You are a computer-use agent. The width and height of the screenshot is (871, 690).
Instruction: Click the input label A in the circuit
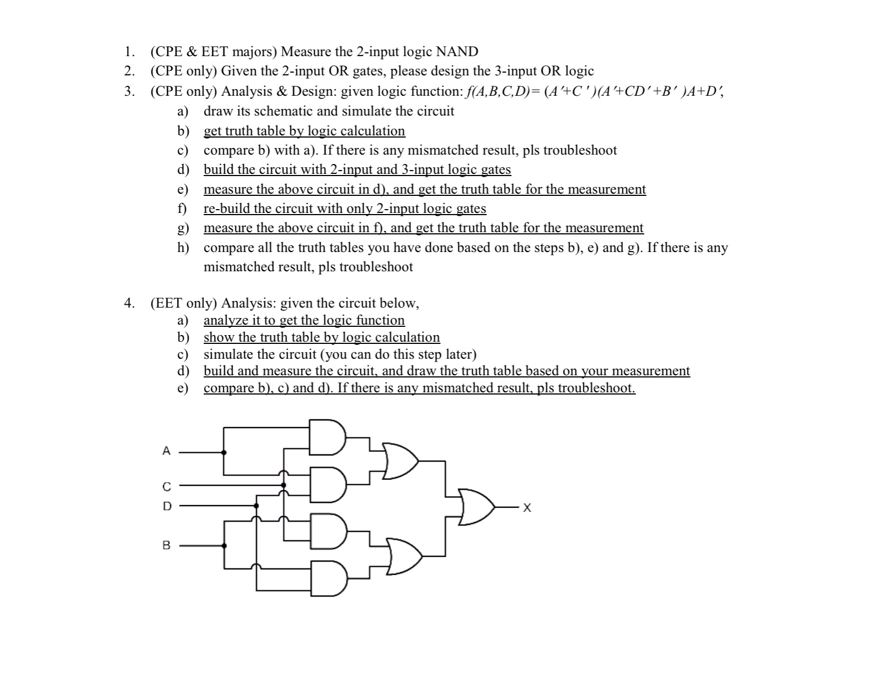167,451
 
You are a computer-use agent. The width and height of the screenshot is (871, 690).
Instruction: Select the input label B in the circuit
166,545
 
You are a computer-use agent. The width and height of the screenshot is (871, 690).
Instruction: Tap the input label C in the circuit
167,486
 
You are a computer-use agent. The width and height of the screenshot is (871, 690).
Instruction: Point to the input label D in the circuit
167,506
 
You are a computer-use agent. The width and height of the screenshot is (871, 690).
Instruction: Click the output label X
527,508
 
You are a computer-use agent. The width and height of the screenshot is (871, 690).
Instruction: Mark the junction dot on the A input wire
223,452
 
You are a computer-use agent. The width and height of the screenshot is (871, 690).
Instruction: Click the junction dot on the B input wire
224,546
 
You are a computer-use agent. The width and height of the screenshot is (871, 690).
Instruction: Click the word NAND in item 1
457,52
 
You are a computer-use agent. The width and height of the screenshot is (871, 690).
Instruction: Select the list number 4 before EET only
129,303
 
